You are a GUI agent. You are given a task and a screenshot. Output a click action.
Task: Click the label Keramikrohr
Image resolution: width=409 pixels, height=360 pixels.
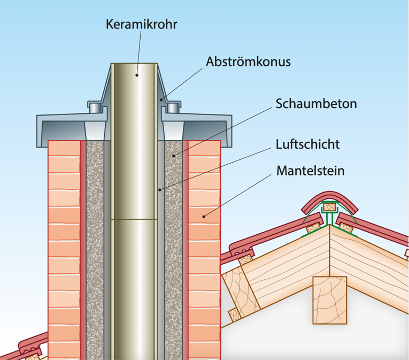coord(141,24)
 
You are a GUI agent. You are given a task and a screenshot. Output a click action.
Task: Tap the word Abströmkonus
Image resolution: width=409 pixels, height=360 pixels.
coord(248,62)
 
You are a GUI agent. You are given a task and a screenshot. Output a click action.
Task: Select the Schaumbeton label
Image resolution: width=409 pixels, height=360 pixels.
coord(316,103)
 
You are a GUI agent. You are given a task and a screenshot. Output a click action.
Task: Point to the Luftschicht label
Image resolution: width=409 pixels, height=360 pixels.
coord(308,144)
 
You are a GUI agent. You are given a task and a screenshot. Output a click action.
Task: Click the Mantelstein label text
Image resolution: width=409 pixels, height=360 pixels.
coord(311,171)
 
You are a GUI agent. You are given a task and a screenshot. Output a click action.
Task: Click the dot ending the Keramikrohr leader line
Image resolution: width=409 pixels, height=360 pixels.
coord(137,75)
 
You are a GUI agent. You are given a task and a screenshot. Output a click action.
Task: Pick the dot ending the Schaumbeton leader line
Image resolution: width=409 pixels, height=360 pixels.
coord(173,156)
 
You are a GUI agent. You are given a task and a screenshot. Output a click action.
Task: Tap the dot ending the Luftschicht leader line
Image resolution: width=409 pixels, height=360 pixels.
coord(159,189)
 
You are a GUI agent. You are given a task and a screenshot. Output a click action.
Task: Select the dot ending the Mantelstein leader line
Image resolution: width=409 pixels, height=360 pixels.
coord(204,217)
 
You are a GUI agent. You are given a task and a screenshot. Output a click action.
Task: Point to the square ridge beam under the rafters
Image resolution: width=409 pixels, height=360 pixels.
coord(329,300)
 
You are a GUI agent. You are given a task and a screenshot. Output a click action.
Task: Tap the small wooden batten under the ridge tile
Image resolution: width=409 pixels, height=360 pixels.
coord(329,206)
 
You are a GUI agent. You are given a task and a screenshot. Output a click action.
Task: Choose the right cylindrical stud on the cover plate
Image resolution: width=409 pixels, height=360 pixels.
coord(173,108)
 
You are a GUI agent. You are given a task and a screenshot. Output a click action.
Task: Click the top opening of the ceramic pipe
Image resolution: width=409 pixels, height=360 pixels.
coord(135,65)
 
